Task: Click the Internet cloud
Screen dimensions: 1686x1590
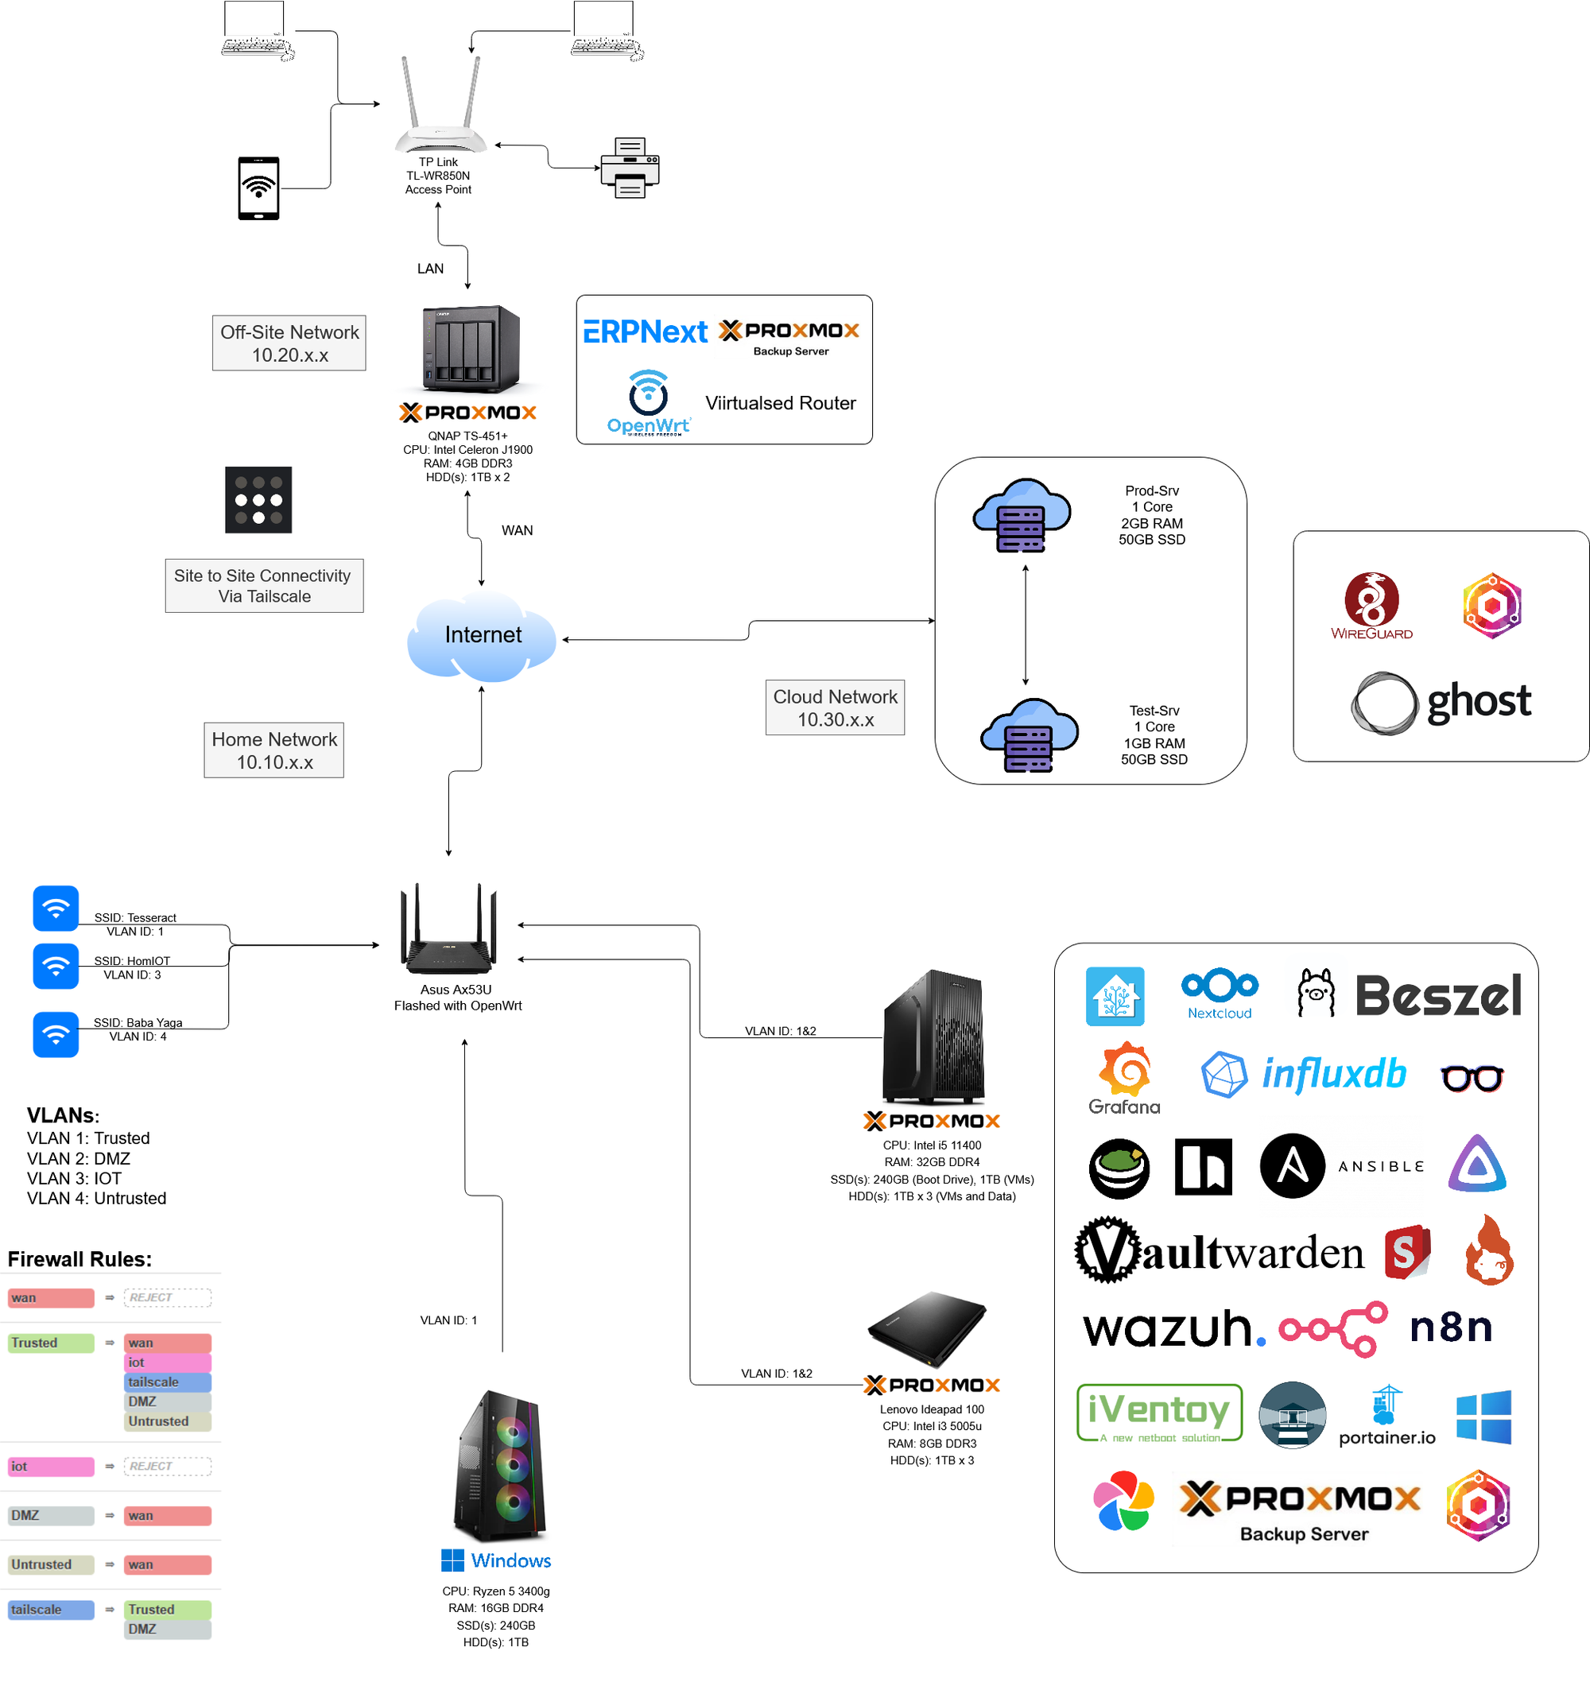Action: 482,636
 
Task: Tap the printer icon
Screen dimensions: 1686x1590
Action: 629,167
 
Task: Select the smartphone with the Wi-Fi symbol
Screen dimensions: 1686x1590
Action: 258,188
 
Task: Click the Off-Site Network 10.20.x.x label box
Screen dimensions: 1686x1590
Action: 289,343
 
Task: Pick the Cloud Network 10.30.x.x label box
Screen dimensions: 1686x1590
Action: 835,707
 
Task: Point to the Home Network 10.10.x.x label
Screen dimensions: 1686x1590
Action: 274,750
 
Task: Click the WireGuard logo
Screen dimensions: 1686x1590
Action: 1371,606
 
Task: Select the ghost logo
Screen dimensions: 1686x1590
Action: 1441,703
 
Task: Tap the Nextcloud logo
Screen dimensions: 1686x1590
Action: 1220,993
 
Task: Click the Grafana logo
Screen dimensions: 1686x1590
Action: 1124,1078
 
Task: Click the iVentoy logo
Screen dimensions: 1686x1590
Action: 1159,1413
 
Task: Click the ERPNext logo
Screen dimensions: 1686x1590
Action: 645,331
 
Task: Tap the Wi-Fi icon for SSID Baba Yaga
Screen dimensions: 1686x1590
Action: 56,1035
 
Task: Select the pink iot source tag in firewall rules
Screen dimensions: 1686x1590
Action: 51,1467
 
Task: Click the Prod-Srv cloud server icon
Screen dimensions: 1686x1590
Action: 1022,516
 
